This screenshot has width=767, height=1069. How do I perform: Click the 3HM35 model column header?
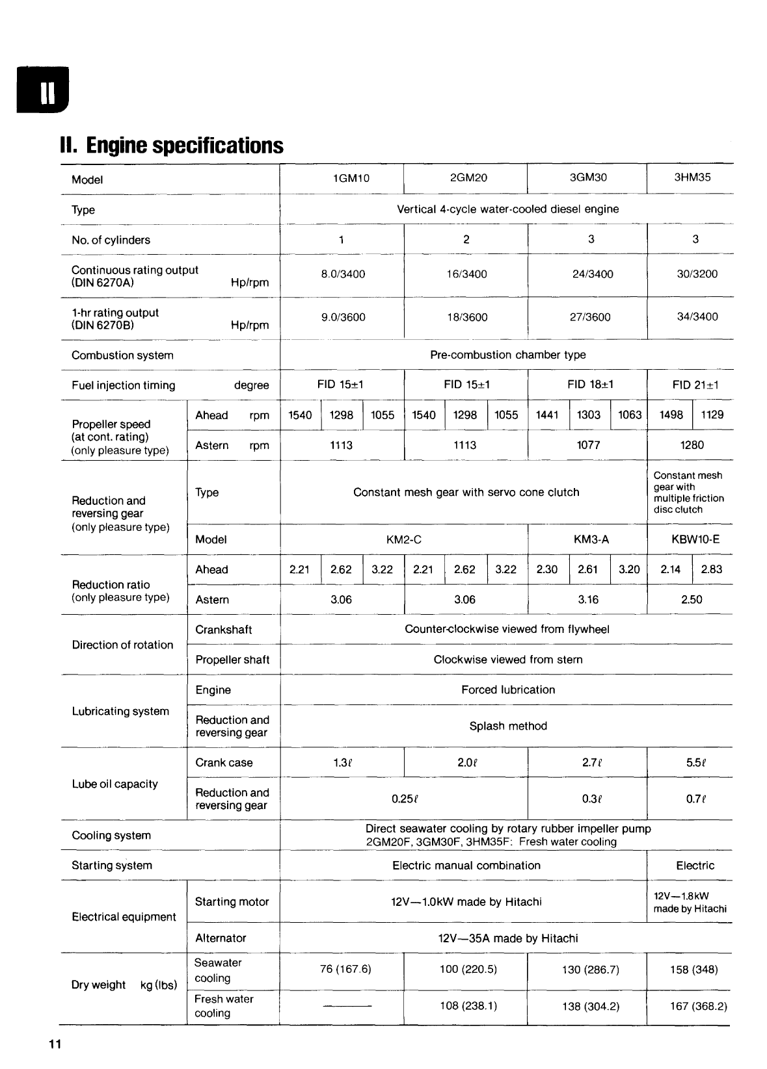coord(692,177)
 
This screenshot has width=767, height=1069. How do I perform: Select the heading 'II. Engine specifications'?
coord(172,145)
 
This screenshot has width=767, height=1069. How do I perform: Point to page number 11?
coord(54,1044)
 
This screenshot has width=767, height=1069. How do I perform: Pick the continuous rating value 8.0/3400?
coord(343,274)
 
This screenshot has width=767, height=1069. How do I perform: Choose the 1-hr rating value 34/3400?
coord(697,317)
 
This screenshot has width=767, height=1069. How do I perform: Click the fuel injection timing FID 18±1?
coord(590,385)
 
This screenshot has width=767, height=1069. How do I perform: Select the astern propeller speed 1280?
coord(692,445)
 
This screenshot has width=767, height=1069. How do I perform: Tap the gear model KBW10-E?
coord(695,539)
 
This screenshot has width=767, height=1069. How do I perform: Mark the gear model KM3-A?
coord(591,539)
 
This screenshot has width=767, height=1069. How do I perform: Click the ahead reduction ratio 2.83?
coord(711,569)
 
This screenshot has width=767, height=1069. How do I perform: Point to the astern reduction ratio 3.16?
coord(588,600)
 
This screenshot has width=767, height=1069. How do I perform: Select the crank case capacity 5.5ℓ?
coord(695,763)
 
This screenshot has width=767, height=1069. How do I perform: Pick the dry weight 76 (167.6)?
coord(345,970)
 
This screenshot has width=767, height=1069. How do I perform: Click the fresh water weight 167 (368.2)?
coord(698,1007)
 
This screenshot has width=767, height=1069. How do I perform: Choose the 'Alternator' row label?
coord(221,938)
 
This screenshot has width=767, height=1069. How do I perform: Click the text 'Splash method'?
coord(508,727)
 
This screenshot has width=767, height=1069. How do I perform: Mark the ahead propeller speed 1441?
coord(547,415)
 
